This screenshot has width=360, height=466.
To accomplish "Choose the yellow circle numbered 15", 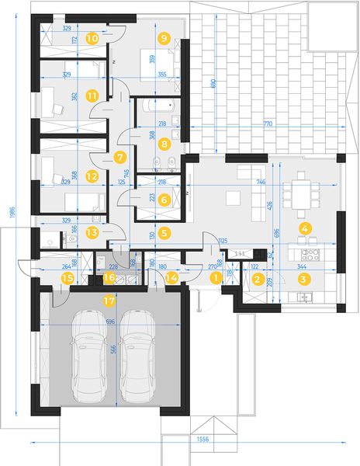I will (68, 277).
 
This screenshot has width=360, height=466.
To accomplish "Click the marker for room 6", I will (164, 200).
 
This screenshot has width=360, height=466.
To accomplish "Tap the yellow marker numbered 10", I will (92, 37).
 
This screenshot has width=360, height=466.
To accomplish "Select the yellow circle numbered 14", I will (171, 276).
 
